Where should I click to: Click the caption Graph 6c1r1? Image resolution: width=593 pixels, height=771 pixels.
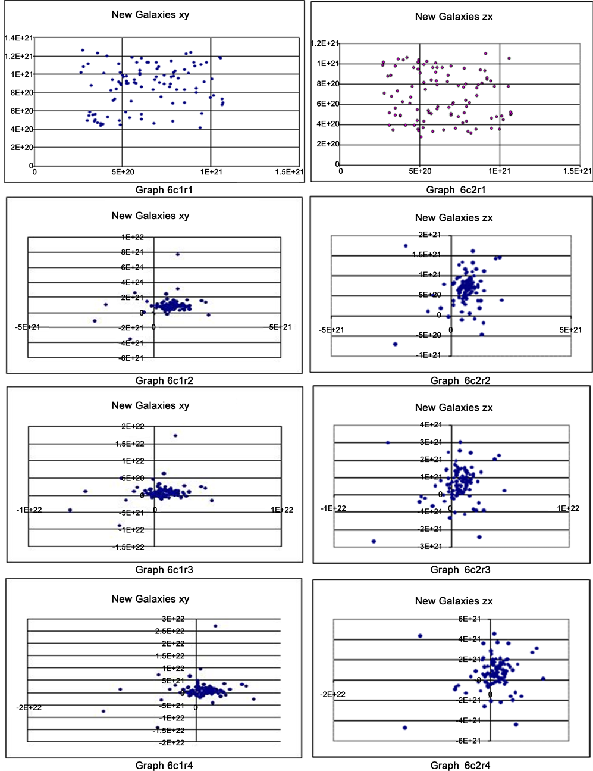(164, 190)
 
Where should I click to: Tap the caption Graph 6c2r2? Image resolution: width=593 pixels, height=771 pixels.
(460, 380)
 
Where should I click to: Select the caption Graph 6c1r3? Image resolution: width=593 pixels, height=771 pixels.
(164, 570)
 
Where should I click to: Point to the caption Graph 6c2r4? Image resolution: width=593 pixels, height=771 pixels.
(460, 765)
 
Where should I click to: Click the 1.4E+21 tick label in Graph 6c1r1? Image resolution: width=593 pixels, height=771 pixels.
(18, 38)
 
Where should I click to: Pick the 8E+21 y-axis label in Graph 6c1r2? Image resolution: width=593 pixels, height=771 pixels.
(132, 252)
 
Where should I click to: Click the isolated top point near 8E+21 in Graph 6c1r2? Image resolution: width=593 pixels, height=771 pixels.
(177, 254)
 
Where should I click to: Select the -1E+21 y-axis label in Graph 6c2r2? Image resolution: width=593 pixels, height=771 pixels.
(429, 355)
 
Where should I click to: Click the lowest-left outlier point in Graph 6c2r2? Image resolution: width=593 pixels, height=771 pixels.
(395, 344)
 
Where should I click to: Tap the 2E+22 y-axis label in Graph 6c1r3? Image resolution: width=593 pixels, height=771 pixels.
(133, 426)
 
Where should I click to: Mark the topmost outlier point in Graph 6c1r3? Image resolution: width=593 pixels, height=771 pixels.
(175, 435)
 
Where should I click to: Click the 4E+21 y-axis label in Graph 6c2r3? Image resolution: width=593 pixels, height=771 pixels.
(431, 424)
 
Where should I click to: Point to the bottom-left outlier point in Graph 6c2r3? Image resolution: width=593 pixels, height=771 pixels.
(374, 541)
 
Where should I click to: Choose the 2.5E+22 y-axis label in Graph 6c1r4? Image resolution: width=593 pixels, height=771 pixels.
(170, 631)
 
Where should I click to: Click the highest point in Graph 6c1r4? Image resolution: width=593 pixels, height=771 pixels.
(215, 626)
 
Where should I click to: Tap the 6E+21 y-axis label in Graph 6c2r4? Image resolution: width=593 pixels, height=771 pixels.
(469, 619)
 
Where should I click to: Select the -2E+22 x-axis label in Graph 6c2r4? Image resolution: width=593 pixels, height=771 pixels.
(332, 694)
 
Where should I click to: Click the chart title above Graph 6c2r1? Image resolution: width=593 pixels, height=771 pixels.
(454, 17)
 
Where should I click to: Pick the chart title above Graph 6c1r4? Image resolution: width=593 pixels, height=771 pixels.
(150, 599)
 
